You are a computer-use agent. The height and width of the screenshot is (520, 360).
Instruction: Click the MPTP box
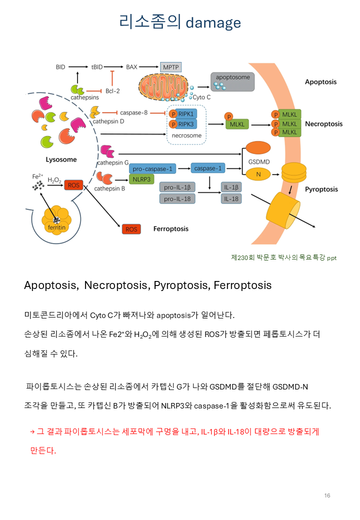pyautogui.click(x=170, y=67)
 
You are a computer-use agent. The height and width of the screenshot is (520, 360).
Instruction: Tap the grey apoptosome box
pyautogui.click(x=232, y=81)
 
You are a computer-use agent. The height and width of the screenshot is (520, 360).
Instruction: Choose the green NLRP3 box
pyautogui.click(x=141, y=178)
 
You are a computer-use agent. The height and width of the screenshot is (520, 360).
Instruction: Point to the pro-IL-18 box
pyautogui.click(x=177, y=198)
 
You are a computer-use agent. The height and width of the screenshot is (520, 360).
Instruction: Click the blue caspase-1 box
pyautogui.click(x=208, y=168)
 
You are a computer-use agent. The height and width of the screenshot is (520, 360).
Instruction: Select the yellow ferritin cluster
pyautogui.click(x=56, y=220)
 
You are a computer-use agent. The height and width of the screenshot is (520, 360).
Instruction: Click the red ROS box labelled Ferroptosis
pyautogui.click(x=131, y=229)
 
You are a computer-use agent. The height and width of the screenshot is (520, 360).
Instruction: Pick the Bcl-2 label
pyautogui.click(x=113, y=90)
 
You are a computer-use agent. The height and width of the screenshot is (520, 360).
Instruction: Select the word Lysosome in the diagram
pyautogui.click(x=61, y=159)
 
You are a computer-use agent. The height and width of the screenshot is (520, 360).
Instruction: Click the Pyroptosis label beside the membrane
pyautogui.click(x=321, y=189)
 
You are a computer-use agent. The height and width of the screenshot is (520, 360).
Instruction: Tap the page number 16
pyautogui.click(x=327, y=495)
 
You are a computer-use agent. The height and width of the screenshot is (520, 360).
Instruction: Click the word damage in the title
pyautogui.click(x=213, y=22)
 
